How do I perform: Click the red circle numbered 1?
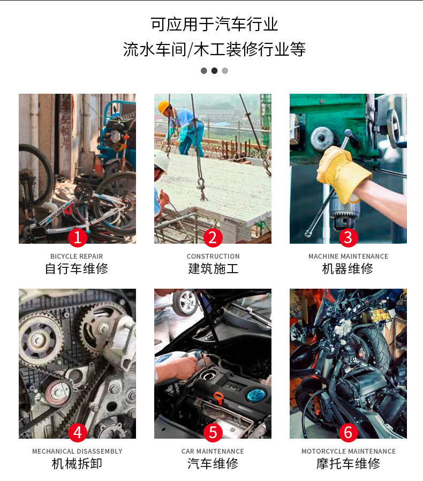77,237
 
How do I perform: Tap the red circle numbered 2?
213,237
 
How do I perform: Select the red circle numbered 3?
348,237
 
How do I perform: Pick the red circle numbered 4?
77,432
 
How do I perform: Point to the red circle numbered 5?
213,432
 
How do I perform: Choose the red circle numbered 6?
348,432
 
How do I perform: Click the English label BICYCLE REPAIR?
77,257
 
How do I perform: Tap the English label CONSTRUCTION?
213,257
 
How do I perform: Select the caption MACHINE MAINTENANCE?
348,257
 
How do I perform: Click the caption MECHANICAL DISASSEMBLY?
77,452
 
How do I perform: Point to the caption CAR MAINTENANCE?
213,452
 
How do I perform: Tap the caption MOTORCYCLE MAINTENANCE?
349,452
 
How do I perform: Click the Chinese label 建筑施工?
213,269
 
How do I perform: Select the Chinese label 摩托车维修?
349,464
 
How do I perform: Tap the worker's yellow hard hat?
163,106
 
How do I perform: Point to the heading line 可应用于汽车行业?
214,25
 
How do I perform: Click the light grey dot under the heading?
225,71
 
